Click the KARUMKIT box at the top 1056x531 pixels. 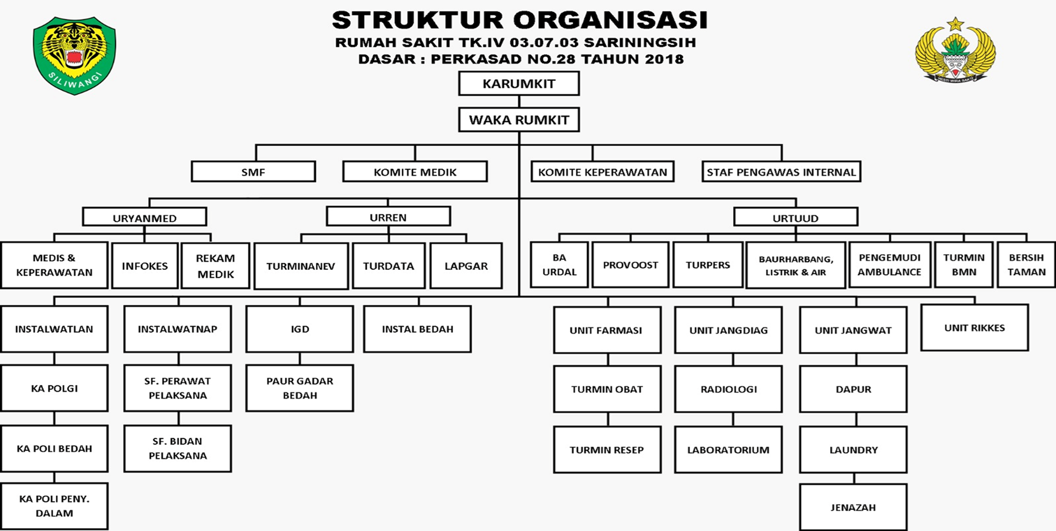pos(519,84)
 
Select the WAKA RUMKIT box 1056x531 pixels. pos(519,120)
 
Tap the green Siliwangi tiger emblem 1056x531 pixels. pos(74,56)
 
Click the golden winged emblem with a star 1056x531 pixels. pos(955,51)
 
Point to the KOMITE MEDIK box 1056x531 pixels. pos(415,172)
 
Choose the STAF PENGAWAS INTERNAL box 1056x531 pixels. pos(781,172)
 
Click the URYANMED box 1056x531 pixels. pos(145,218)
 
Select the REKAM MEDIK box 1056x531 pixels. pos(215,266)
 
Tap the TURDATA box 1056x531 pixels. pos(388,266)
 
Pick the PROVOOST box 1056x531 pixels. pos(630,265)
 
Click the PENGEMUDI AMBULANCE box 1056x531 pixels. pos(889,265)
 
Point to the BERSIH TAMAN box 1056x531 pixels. pos(1026,265)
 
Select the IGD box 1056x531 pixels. pos(300,329)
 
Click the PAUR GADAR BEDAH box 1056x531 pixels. pos(300,388)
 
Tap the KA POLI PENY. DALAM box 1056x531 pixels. pos(54,506)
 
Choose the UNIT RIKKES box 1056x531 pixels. pos(974,328)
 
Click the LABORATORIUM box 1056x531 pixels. pos(728,450)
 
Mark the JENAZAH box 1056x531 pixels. pos(853,507)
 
